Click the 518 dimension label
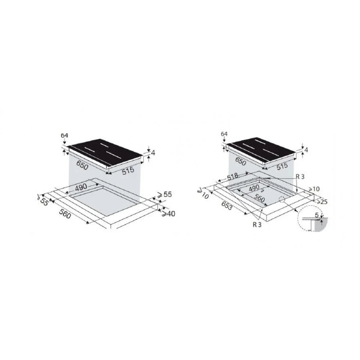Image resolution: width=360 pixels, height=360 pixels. [233, 177]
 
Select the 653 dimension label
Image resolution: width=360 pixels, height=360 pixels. [226, 205]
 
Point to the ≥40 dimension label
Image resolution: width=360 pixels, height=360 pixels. [168, 214]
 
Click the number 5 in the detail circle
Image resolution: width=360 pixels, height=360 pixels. [316, 215]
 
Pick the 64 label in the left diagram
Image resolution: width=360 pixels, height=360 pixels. [64, 135]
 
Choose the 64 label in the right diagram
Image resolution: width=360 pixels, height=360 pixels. [224, 134]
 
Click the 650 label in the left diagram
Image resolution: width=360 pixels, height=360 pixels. [82, 165]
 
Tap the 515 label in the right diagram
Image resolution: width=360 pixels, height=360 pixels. [282, 166]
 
